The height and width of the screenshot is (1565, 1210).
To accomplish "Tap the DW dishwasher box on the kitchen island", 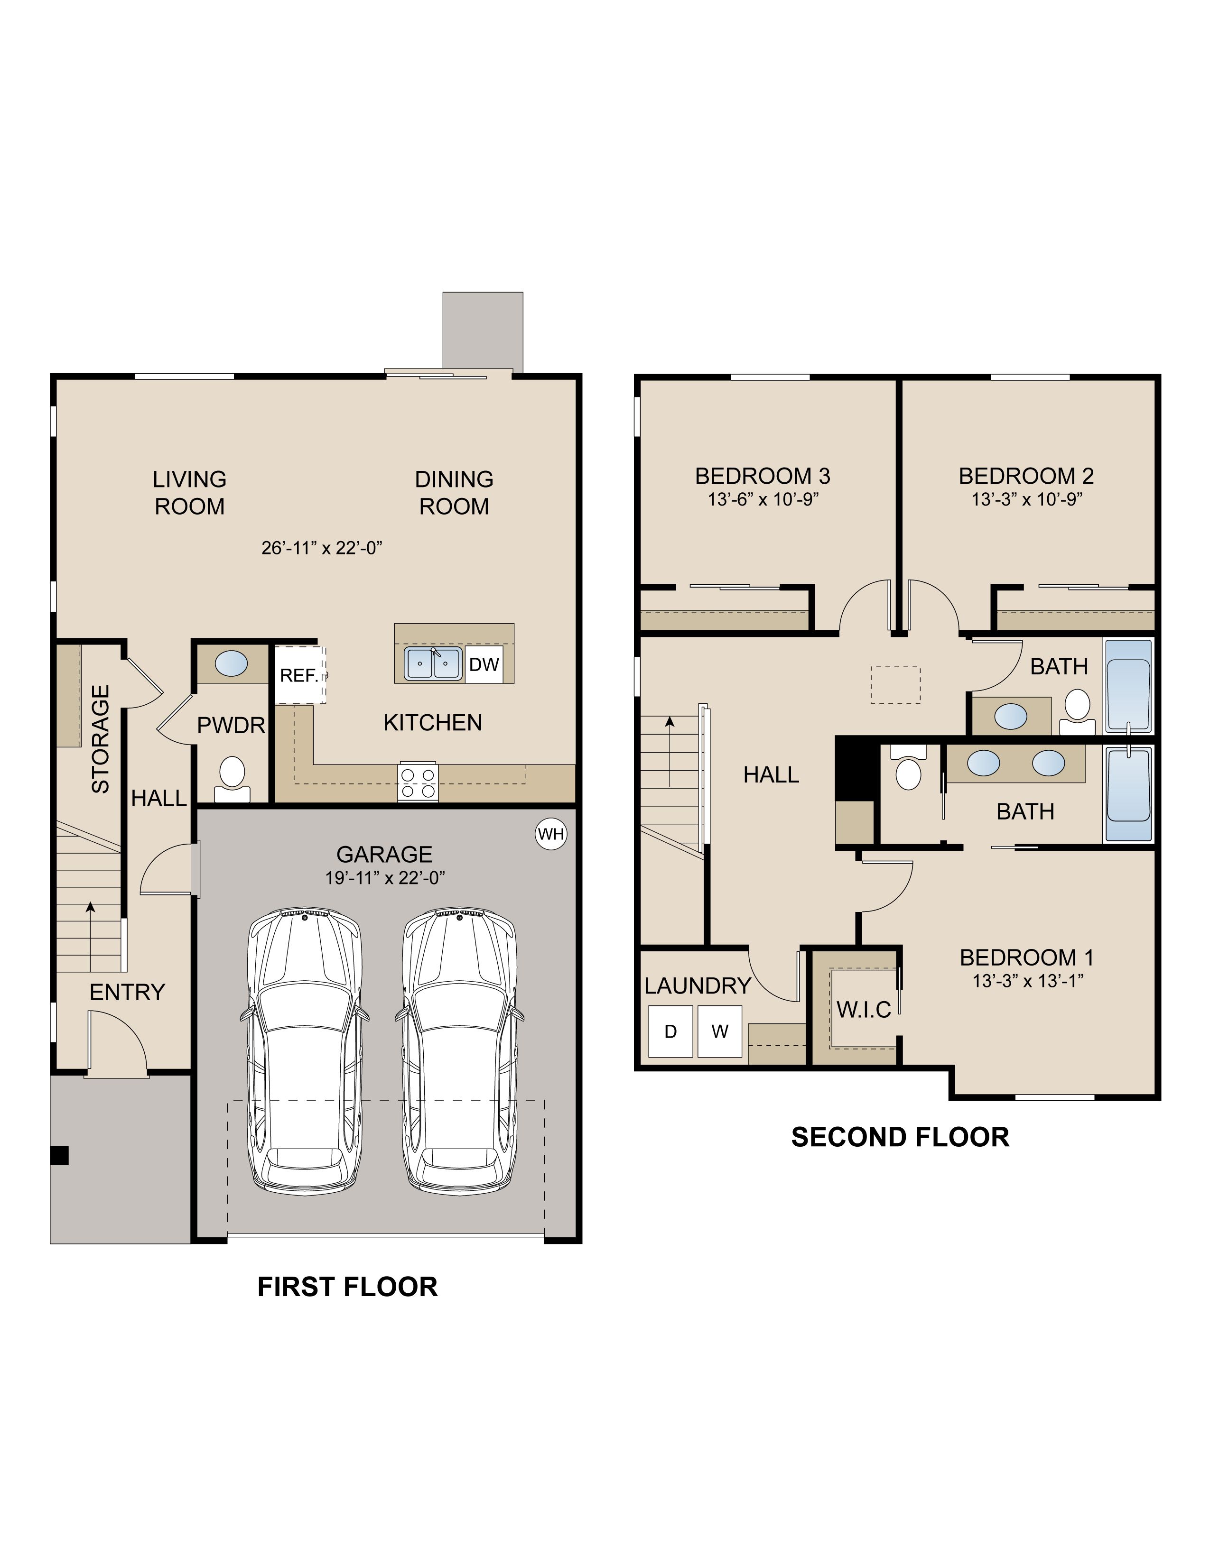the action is point(484,664).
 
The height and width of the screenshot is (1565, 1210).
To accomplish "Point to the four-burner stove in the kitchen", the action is point(419,782).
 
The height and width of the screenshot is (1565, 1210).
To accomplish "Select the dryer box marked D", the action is point(670,1031).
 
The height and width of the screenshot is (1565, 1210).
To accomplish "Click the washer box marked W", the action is point(720,1031).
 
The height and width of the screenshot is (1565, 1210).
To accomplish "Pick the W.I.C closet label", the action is point(864,1010).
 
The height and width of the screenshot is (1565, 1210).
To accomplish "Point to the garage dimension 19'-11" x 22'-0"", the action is point(385,878).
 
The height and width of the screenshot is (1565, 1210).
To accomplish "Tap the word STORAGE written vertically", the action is point(100,739).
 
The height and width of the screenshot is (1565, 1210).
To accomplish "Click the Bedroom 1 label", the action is point(1026,957).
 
